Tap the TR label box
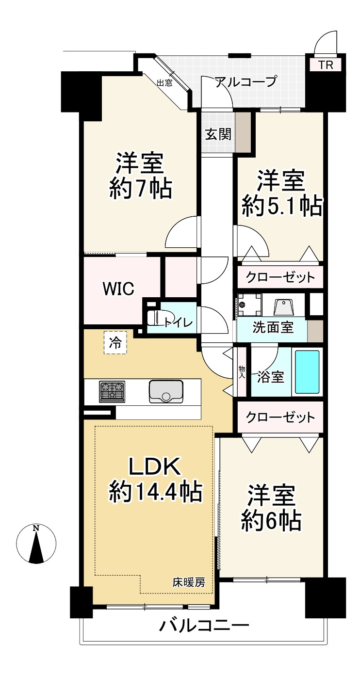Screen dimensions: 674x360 (326, 65)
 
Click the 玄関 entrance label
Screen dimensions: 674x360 (218, 134)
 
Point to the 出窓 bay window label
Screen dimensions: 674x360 (164, 83)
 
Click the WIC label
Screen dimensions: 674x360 (117, 289)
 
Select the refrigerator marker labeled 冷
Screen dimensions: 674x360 (115, 343)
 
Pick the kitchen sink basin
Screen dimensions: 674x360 (166, 391)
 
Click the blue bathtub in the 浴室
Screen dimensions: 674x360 (307, 372)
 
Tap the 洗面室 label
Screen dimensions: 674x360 (273, 327)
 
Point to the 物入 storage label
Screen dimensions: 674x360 (242, 372)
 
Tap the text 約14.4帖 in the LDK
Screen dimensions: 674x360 (155, 493)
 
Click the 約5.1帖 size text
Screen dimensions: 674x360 (282, 207)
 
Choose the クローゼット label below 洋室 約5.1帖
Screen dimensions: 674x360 (280, 278)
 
